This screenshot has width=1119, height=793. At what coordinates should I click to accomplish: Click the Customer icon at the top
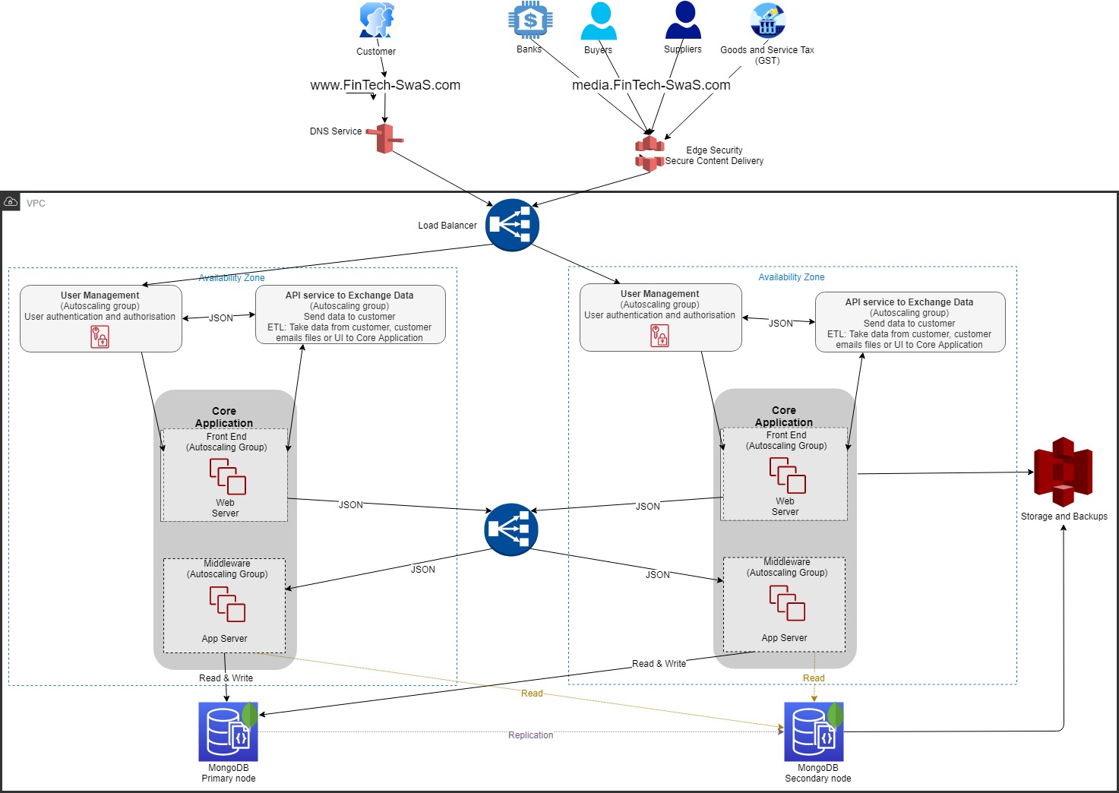point(377,21)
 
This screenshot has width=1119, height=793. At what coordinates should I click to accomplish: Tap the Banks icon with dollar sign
point(530,21)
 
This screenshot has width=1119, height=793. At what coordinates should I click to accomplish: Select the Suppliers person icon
point(683,20)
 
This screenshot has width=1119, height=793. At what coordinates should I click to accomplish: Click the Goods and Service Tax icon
point(767,21)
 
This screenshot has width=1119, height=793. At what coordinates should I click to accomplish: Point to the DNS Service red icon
point(385,138)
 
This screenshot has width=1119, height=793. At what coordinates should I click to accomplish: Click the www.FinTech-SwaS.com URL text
point(385,85)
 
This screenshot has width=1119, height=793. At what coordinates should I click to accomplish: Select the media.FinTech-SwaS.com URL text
point(651,85)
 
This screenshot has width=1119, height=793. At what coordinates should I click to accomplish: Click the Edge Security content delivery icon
point(650,153)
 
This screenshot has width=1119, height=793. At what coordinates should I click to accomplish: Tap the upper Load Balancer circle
point(513,225)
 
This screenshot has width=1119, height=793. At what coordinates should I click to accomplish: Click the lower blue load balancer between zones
point(511,529)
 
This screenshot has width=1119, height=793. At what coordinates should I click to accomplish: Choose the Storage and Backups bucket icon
point(1063,472)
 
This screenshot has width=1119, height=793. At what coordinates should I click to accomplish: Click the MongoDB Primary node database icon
point(228,731)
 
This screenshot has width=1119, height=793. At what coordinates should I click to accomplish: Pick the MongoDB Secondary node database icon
point(814,731)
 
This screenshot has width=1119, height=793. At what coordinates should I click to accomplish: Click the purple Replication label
point(530,735)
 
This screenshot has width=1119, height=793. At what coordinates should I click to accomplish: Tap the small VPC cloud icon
point(11,202)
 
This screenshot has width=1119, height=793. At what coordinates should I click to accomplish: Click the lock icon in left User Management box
point(100,336)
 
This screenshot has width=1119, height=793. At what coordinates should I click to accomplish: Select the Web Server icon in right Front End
point(787,475)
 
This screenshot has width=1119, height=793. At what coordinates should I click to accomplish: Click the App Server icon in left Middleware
point(227,605)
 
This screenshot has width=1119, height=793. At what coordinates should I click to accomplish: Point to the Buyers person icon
point(599,21)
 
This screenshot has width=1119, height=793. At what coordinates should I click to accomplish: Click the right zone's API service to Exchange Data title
point(909,302)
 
